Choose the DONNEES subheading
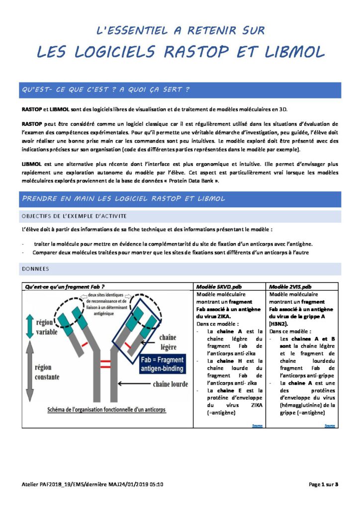35,268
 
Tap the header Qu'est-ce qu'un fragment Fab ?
65,287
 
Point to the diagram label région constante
50,372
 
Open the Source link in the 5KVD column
257,425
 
